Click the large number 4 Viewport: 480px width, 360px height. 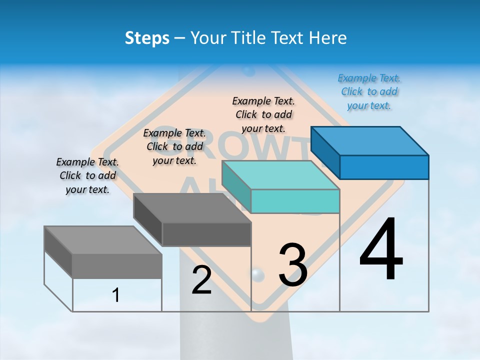click(x=381, y=250)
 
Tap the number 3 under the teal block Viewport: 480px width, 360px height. click(x=293, y=264)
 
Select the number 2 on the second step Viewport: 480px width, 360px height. click(x=201, y=280)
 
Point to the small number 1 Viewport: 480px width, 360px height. click(x=116, y=295)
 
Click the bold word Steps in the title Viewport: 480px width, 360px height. click(x=147, y=38)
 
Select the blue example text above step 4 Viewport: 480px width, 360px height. click(x=369, y=91)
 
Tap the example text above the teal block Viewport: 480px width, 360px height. click(x=264, y=114)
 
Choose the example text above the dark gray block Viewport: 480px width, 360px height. click(x=174, y=146)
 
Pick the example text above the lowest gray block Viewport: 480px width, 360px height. click(x=87, y=175)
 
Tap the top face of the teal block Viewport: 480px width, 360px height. click(x=281, y=175)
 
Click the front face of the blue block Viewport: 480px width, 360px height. click(x=384, y=167)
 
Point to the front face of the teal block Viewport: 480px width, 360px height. click(x=295, y=201)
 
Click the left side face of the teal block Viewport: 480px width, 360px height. click(x=236, y=187)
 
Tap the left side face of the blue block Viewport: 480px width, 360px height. click(x=325, y=152)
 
